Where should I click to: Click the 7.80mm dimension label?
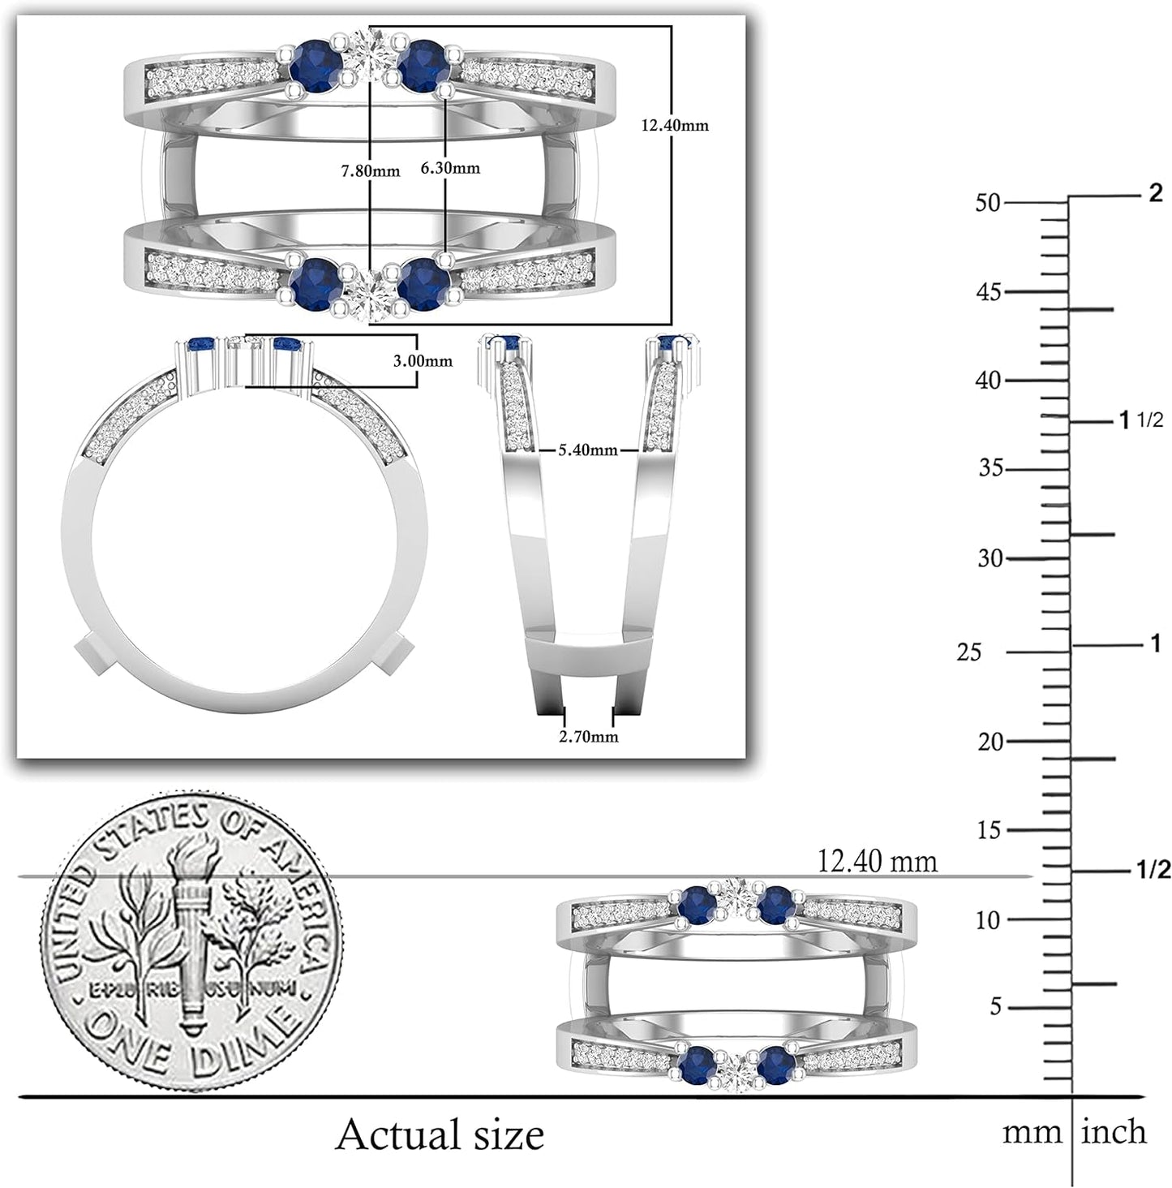tap(371, 171)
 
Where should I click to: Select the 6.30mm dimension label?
tap(450, 168)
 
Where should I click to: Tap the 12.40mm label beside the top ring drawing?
tap(675, 126)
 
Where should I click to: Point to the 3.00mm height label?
tap(423, 361)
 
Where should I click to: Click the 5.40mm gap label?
tap(588, 450)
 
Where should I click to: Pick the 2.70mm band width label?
tap(589, 736)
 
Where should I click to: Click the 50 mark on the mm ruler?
tap(988, 203)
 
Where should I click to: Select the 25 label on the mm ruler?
tap(968, 652)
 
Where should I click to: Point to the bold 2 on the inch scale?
tap(1155, 194)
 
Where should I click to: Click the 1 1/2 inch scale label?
tap(1140, 420)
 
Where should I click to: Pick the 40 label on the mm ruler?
tap(989, 381)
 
